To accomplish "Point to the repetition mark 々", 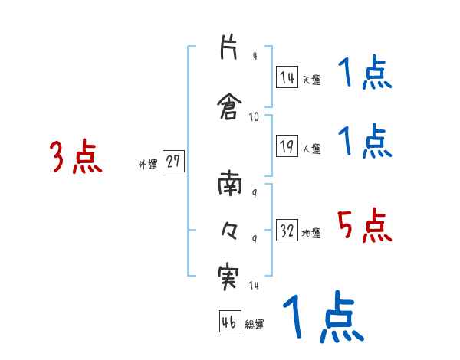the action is coord(228,231).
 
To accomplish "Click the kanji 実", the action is coord(228,277).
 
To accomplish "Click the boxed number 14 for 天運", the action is coord(287,77).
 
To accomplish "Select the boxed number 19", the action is coord(287,146).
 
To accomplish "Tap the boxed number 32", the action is coord(287,231).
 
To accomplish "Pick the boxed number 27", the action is coord(173,162).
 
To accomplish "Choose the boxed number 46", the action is coord(229,322).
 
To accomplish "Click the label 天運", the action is coord(311,80).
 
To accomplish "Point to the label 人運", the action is coord(311,149).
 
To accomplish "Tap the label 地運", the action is coord(311,233).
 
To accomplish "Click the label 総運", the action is coord(255,325).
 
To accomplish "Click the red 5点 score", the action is coord(364,226).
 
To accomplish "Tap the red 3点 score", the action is coord(76,158).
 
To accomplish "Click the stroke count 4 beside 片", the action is coord(255,56).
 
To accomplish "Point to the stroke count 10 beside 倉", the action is coord(255,116).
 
